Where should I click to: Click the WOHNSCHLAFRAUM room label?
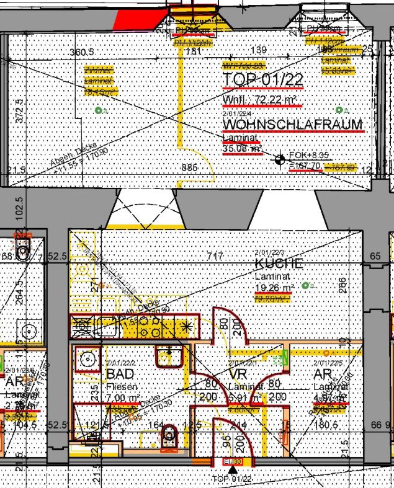(292, 125)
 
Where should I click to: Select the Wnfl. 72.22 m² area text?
(259, 100)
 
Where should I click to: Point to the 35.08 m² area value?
(242, 148)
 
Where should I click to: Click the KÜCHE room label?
(279, 264)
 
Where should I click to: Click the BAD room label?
(120, 375)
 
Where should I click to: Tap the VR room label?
(239, 375)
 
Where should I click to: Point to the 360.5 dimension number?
(82, 51)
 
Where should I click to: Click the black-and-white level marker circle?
(280, 160)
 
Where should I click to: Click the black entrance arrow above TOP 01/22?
(233, 471)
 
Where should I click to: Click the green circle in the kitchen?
(305, 285)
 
